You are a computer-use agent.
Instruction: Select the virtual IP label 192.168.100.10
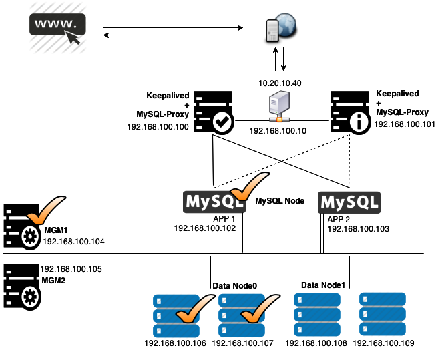(278, 130)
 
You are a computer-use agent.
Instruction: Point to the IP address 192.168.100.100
(158, 126)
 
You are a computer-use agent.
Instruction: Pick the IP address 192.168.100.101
(404, 124)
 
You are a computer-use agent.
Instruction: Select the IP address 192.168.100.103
(357, 228)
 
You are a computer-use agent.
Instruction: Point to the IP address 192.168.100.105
(71, 268)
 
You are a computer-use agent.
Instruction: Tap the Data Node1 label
(323, 285)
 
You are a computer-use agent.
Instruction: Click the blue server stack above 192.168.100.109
(383, 313)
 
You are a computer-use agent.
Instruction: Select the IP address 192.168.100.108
(316, 343)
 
